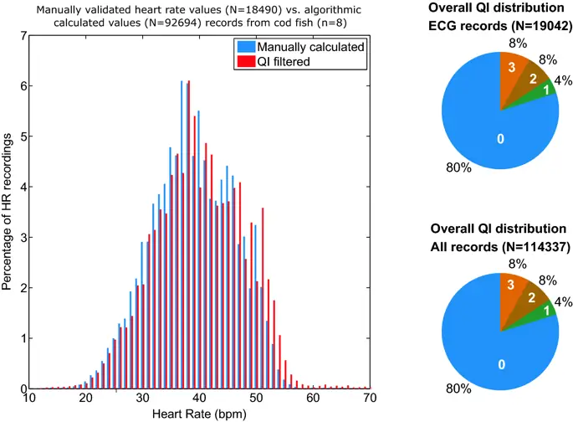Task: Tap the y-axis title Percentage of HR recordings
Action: coord(8,213)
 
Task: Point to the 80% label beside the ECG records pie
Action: coord(459,167)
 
